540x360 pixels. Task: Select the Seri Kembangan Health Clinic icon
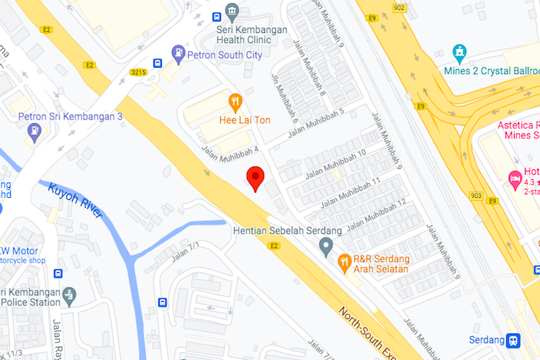click(232, 12)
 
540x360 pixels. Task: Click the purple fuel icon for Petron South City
click(178, 53)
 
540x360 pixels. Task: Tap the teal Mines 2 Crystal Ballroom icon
click(459, 53)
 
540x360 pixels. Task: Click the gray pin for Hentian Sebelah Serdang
click(326, 247)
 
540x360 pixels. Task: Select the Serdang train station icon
click(513, 340)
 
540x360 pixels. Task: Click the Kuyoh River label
click(76, 202)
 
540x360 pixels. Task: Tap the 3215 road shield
click(138, 72)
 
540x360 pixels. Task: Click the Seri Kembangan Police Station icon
click(69, 294)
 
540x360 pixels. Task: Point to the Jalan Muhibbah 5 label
click(316, 122)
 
